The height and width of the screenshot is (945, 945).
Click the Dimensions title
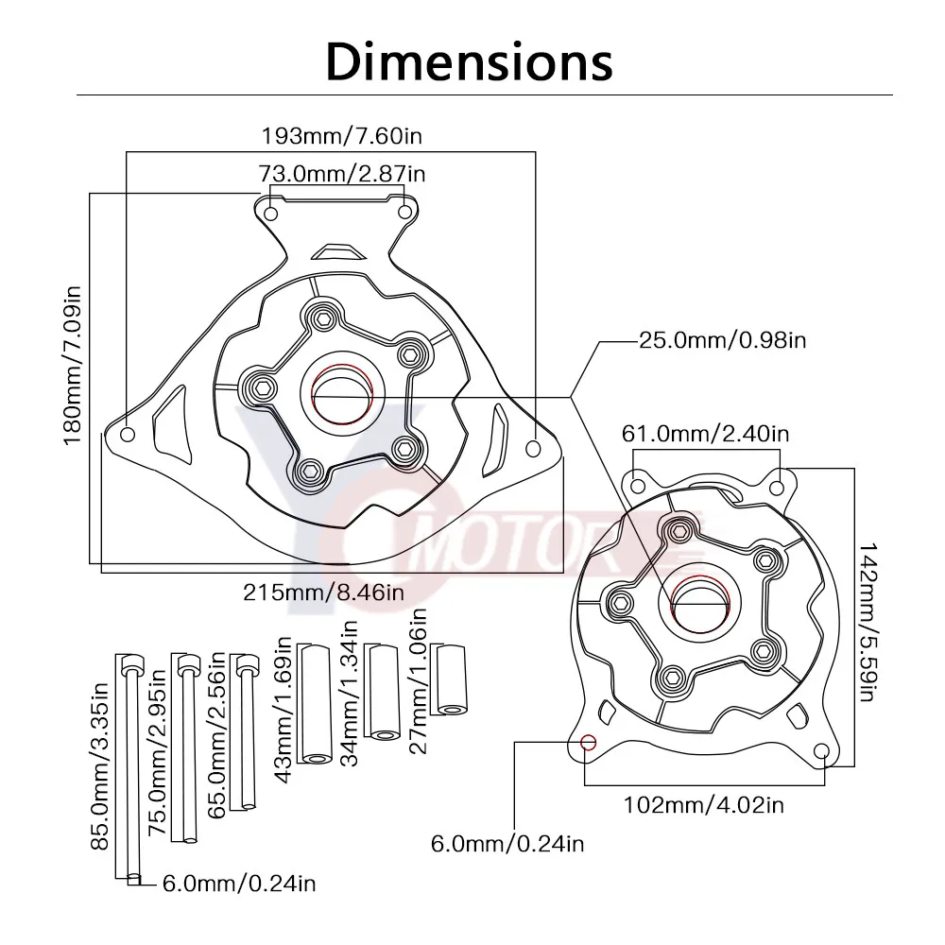(470, 61)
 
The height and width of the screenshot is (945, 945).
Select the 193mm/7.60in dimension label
(341, 135)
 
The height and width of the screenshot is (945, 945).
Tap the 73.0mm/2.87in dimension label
(342, 174)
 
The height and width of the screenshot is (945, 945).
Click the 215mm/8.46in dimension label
(324, 593)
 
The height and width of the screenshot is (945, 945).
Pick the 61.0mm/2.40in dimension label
(705, 434)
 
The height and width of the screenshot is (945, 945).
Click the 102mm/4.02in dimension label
(704, 805)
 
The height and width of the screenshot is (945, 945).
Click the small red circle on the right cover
(588, 742)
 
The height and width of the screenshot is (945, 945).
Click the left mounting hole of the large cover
(129, 435)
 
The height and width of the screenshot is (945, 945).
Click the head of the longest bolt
(129, 661)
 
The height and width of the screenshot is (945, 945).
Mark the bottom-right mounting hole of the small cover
(821, 752)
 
